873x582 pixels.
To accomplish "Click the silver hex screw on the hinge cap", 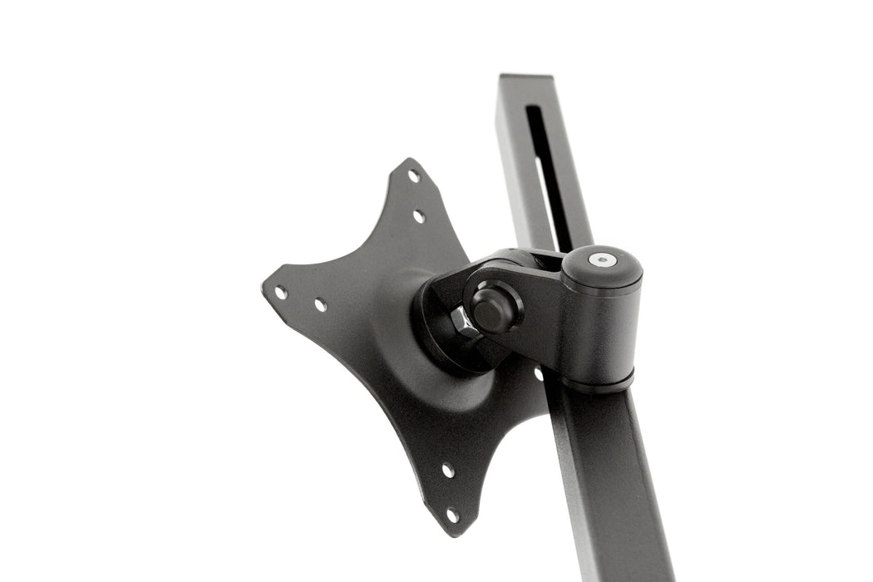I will point(602,259).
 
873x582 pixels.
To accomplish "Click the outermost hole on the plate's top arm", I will point(413,176).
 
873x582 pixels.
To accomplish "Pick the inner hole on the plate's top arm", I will point(419,216).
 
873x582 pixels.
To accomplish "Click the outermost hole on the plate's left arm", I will point(281,293).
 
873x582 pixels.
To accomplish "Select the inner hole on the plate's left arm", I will point(320,305).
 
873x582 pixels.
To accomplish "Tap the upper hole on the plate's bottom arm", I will point(447,471).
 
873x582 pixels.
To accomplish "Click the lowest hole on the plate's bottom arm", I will point(451,515).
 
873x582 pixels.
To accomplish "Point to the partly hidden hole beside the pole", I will point(538,373).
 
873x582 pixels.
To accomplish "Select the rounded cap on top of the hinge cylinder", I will point(602,264).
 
